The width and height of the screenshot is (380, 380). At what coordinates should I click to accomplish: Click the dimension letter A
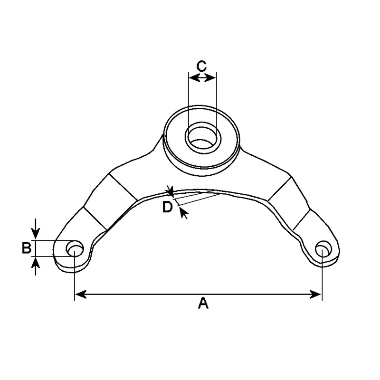click(x=203, y=303)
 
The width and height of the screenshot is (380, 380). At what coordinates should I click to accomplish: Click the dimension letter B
click(x=27, y=248)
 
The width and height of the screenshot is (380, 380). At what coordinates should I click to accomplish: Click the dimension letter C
click(x=201, y=66)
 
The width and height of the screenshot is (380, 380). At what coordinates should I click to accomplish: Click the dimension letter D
click(x=167, y=207)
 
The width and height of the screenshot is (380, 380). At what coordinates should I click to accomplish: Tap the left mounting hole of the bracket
click(x=75, y=249)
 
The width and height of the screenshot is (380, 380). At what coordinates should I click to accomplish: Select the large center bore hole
click(x=203, y=138)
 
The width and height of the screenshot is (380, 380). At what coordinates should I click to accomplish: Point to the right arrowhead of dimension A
click(x=315, y=294)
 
